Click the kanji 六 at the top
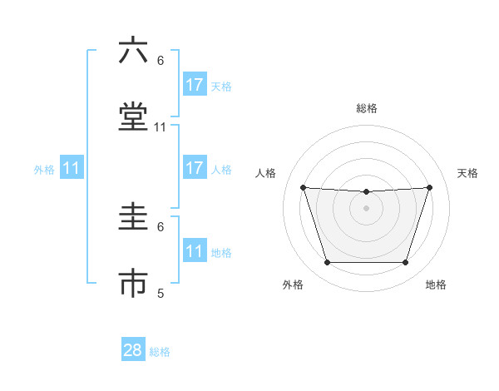[x=133, y=51]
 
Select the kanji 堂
[x=133, y=118]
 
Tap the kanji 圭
[x=133, y=219]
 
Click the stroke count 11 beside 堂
[x=161, y=127]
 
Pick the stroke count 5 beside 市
[x=161, y=293]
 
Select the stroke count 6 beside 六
[x=161, y=60]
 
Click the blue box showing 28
[x=133, y=350]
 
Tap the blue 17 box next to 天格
[x=195, y=85]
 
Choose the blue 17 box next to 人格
[x=195, y=168]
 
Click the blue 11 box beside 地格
[x=195, y=251]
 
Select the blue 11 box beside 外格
[x=72, y=168]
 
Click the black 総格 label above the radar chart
[x=367, y=108]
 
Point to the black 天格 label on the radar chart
[x=467, y=173]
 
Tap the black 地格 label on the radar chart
[x=436, y=285]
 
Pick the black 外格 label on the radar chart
[x=293, y=285]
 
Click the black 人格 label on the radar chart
[x=266, y=173]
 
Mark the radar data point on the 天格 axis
[x=430, y=187]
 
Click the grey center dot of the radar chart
[x=367, y=208]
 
